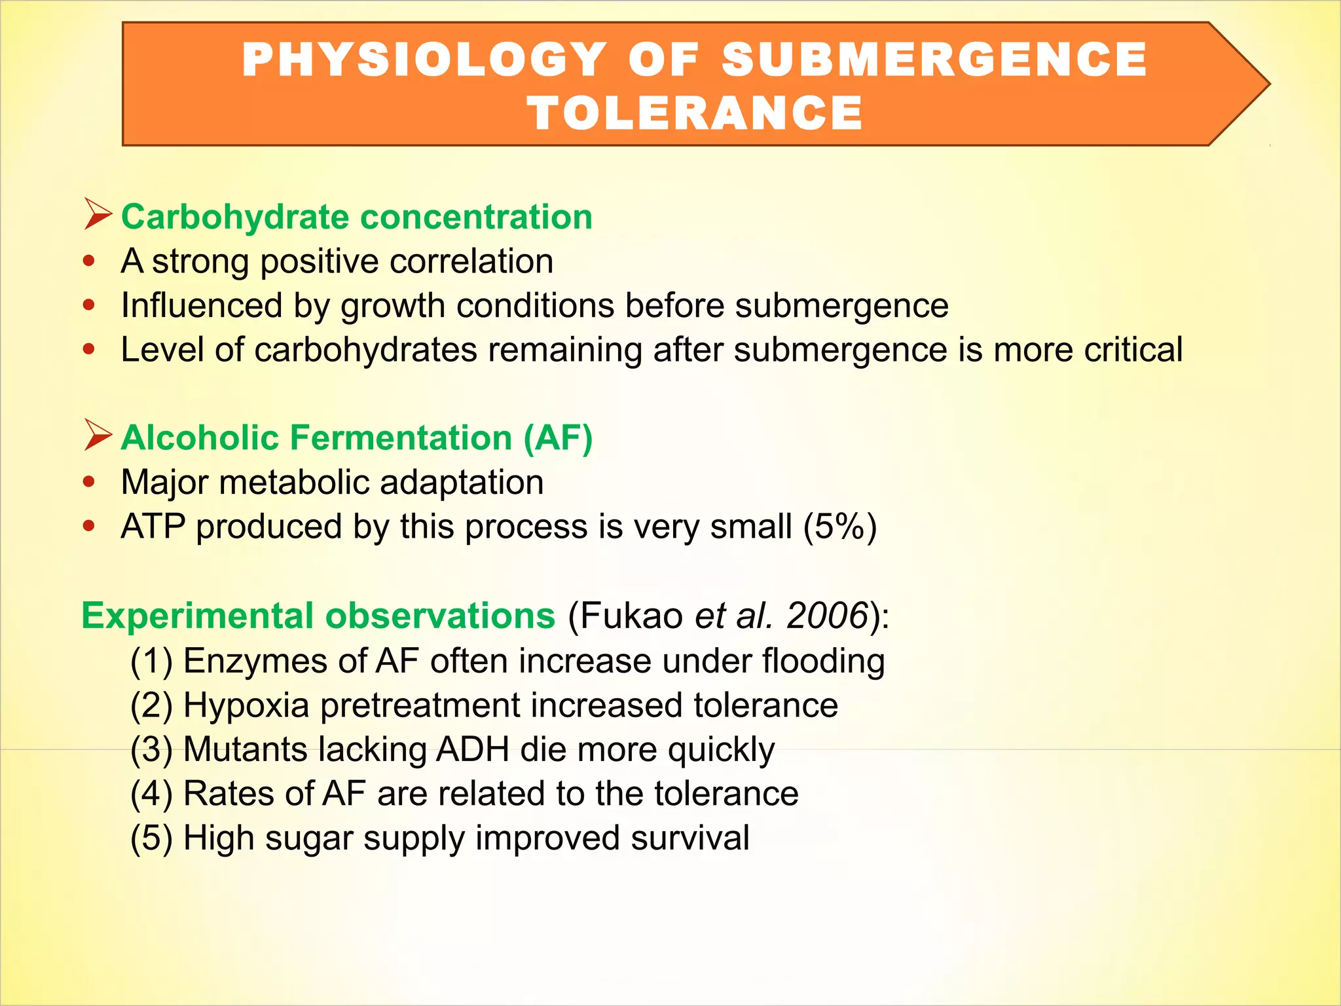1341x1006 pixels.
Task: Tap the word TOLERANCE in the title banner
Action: pos(695,113)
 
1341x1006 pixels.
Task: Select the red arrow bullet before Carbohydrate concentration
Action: pos(98,215)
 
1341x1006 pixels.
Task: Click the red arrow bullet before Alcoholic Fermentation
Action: pos(98,436)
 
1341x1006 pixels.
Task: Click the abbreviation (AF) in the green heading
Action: pos(558,438)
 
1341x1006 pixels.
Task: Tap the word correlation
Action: pos(471,261)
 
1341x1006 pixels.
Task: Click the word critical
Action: pos(1133,350)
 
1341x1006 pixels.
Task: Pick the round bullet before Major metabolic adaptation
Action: pos(90,483)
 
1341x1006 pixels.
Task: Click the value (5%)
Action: pos(840,527)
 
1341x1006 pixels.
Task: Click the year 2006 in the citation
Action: pos(826,616)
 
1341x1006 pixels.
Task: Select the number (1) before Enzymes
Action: pos(151,661)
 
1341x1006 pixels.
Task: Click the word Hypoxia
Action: pos(246,705)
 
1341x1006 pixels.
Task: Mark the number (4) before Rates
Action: pos(151,794)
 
